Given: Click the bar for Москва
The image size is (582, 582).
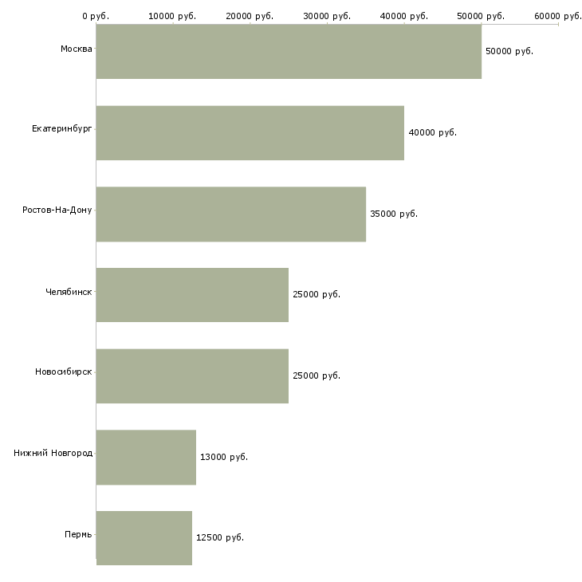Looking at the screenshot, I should (289, 51).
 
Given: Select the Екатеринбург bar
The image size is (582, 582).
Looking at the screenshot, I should (250, 132).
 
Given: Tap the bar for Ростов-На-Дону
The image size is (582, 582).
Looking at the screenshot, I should (230, 214).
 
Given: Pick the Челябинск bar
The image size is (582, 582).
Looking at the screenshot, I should (192, 295).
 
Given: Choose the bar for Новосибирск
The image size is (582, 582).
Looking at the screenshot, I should (192, 376).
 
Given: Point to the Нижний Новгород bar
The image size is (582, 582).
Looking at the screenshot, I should (146, 457).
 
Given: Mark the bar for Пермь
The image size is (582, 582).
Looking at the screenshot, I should (144, 537).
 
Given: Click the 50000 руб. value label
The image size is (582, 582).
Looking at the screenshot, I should (509, 51).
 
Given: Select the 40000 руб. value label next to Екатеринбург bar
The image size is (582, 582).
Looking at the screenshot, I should (432, 132).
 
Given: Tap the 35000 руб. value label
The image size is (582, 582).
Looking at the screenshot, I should (394, 214).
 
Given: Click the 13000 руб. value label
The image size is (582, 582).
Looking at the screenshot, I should (224, 457).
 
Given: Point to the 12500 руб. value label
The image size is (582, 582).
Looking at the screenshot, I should (220, 537).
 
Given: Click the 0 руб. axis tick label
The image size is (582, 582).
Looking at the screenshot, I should (96, 16).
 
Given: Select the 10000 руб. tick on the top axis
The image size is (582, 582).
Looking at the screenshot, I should (172, 16).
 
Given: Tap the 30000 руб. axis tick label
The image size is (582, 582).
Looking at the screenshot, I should (327, 16).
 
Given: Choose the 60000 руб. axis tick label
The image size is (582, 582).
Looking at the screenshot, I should (557, 16).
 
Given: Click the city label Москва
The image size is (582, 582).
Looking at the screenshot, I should (76, 49).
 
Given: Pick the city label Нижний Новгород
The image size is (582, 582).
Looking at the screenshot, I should (53, 453).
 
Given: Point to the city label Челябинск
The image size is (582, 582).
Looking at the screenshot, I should (69, 291).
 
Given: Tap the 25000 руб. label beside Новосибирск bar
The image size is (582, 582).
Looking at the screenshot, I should (317, 376).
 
